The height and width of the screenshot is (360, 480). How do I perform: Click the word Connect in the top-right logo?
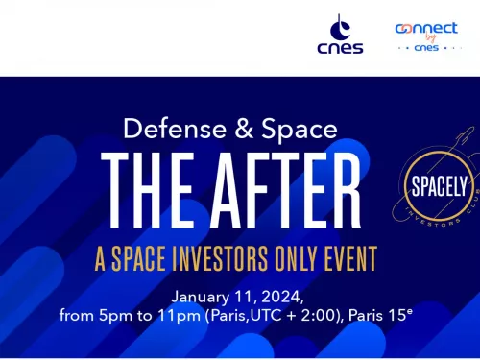pos(426,29)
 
